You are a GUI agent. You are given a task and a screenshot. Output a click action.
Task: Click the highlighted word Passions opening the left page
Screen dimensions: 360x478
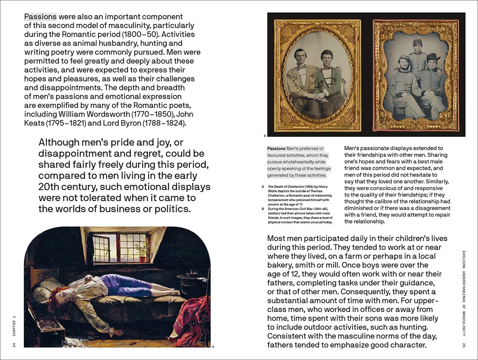[40, 17]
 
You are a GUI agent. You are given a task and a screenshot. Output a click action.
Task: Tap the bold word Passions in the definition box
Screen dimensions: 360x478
[276, 149]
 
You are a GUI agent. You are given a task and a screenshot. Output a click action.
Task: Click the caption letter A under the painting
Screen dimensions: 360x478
[213, 346]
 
